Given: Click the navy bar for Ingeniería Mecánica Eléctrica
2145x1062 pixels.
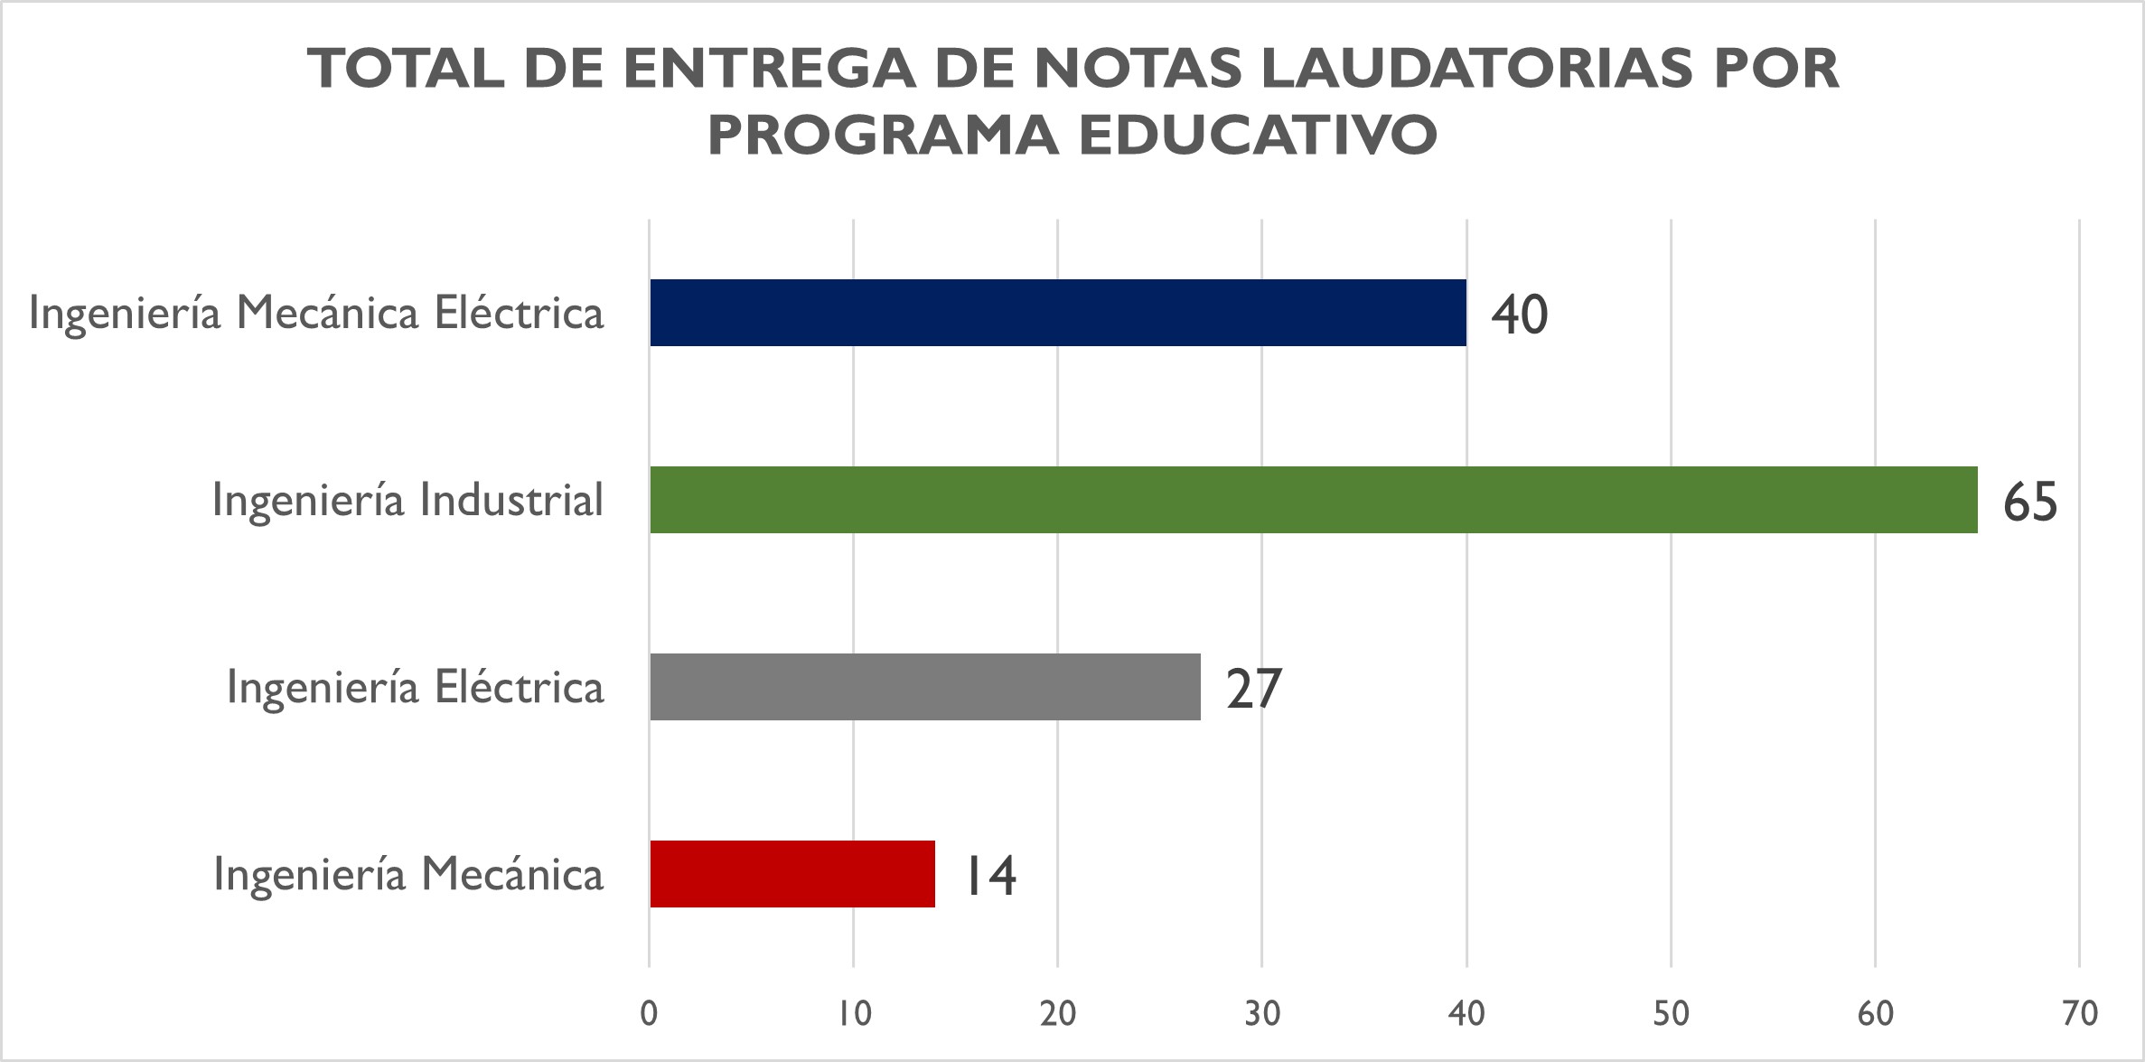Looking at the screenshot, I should tap(1058, 313).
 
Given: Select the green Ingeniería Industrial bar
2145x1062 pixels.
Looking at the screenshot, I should tap(1313, 500).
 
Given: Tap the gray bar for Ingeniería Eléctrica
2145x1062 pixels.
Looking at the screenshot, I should tap(925, 687).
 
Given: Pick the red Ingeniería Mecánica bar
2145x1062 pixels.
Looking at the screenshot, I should tap(792, 874).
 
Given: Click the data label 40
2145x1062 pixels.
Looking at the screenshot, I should tap(1519, 315).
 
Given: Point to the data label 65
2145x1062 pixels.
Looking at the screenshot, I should tap(2029, 502).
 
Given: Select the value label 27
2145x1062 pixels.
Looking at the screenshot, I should tap(1253, 689).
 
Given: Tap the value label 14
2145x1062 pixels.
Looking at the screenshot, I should tap(990, 876).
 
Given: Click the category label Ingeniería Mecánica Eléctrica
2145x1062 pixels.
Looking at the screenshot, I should tap(316, 314).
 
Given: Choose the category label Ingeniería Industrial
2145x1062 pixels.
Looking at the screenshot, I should tap(407, 501).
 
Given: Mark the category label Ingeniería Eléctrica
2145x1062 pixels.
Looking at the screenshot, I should tap(415, 688).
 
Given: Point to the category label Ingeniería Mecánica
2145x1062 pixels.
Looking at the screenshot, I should tap(408, 875).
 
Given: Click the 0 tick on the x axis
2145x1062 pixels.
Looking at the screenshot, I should tap(649, 1014).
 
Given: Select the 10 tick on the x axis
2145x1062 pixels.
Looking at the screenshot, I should tap(854, 1014).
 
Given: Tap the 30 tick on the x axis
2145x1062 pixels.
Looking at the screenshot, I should tap(1262, 1014).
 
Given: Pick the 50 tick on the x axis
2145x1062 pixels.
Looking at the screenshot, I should tap(1671, 1014).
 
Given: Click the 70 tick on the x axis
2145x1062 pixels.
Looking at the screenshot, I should tap(2080, 1014).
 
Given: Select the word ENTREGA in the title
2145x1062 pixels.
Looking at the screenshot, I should tap(769, 69).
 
